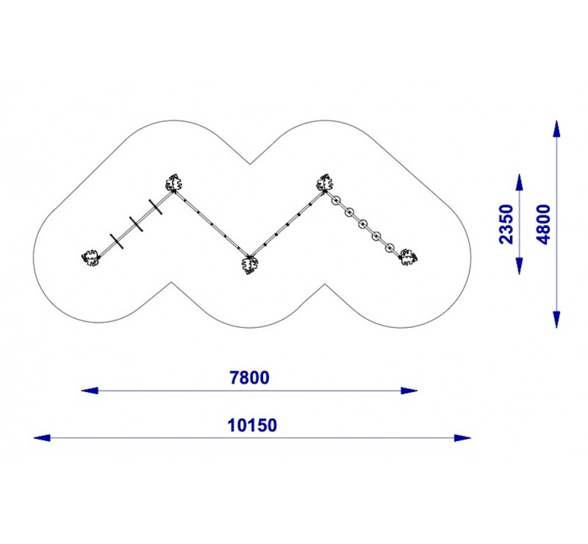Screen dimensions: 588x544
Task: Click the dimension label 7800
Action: point(249,378)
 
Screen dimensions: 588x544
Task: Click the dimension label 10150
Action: point(252,426)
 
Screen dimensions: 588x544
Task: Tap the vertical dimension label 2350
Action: point(506,224)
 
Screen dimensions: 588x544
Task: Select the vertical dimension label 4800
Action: point(543,224)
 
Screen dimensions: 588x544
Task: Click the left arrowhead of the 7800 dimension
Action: point(90,390)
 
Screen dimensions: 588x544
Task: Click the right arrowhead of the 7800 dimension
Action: point(409,390)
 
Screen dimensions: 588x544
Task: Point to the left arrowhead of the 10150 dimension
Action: point(42,438)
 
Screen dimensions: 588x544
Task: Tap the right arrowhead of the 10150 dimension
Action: point(462,438)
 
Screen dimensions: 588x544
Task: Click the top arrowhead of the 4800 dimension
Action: point(556,129)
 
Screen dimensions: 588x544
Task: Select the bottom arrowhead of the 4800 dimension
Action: point(556,320)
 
